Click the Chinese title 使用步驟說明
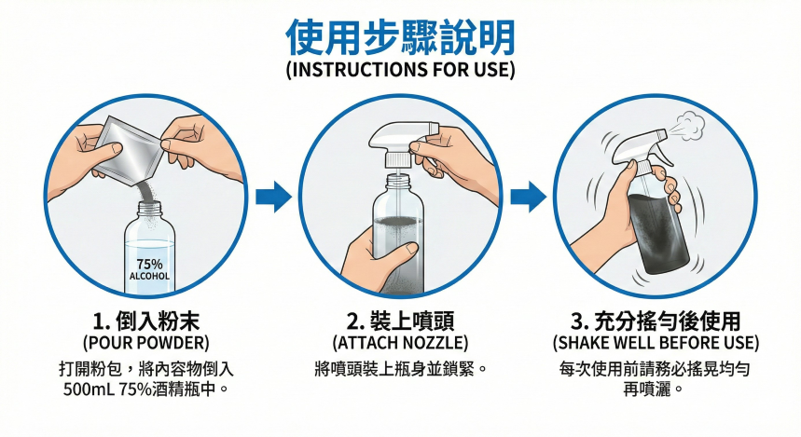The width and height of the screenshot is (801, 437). click(400, 38)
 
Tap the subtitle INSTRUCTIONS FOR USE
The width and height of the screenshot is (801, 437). click(400, 70)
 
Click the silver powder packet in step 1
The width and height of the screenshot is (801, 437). click(129, 149)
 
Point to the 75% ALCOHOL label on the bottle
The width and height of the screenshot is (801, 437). click(149, 269)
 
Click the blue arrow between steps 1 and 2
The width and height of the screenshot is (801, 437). click(273, 197)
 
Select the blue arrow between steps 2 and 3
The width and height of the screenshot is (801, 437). click(528, 197)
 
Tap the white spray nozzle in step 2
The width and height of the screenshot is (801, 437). click(404, 143)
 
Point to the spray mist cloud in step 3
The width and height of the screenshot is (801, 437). click(687, 126)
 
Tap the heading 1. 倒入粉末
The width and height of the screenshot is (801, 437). click(146, 321)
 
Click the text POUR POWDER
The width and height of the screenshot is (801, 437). click(146, 343)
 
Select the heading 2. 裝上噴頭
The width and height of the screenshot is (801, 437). click(400, 321)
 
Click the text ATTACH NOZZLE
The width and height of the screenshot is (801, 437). click(400, 343)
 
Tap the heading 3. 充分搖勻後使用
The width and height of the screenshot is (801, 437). click(656, 321)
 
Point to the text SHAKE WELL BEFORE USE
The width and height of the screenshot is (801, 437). click(656, 343)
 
